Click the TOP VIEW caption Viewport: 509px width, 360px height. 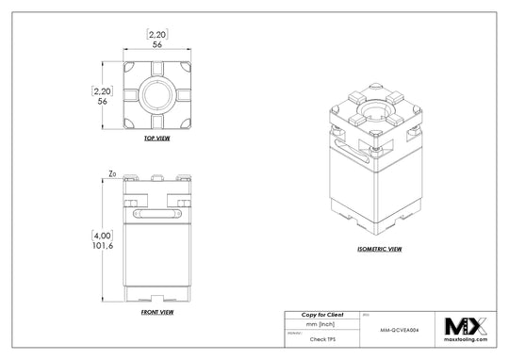pos(156,138)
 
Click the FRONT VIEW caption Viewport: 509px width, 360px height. pos(156,311)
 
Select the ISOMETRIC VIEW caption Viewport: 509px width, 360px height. pos(380,250)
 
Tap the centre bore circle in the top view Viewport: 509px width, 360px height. pos(156,95)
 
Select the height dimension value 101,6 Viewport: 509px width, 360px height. pos(103,244)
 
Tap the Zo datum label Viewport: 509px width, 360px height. pos(112,174)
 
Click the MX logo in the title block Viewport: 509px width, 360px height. pos(466,326)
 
